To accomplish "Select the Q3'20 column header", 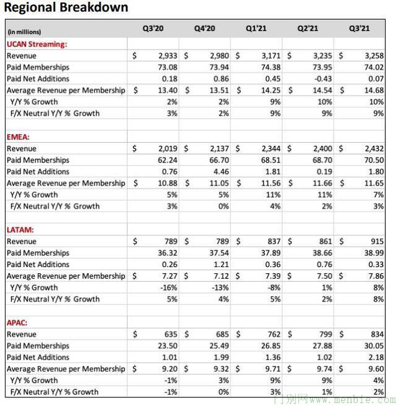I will click(155, 28).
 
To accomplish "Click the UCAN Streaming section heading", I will click(37, 44).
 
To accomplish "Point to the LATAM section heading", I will click(21, 229).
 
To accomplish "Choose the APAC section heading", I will click(19, 322).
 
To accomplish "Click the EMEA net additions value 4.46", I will click(222, 171).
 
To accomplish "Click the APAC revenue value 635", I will click(171, 334).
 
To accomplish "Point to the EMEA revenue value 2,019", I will click(167, 148).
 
